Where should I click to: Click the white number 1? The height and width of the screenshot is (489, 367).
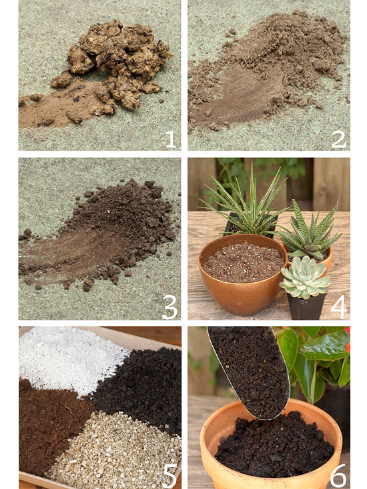point(171,139)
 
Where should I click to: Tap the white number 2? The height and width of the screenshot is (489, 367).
point(338,139)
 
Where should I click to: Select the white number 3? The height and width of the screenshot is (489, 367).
point(169,307)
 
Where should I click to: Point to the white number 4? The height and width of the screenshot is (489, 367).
point(338,307)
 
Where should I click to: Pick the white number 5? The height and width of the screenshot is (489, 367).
point(170,476)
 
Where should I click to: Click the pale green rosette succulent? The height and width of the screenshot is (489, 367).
point(305,278)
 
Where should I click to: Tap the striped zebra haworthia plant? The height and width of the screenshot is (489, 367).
point(309,231)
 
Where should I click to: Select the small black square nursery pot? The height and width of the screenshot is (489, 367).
point(306,306)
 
